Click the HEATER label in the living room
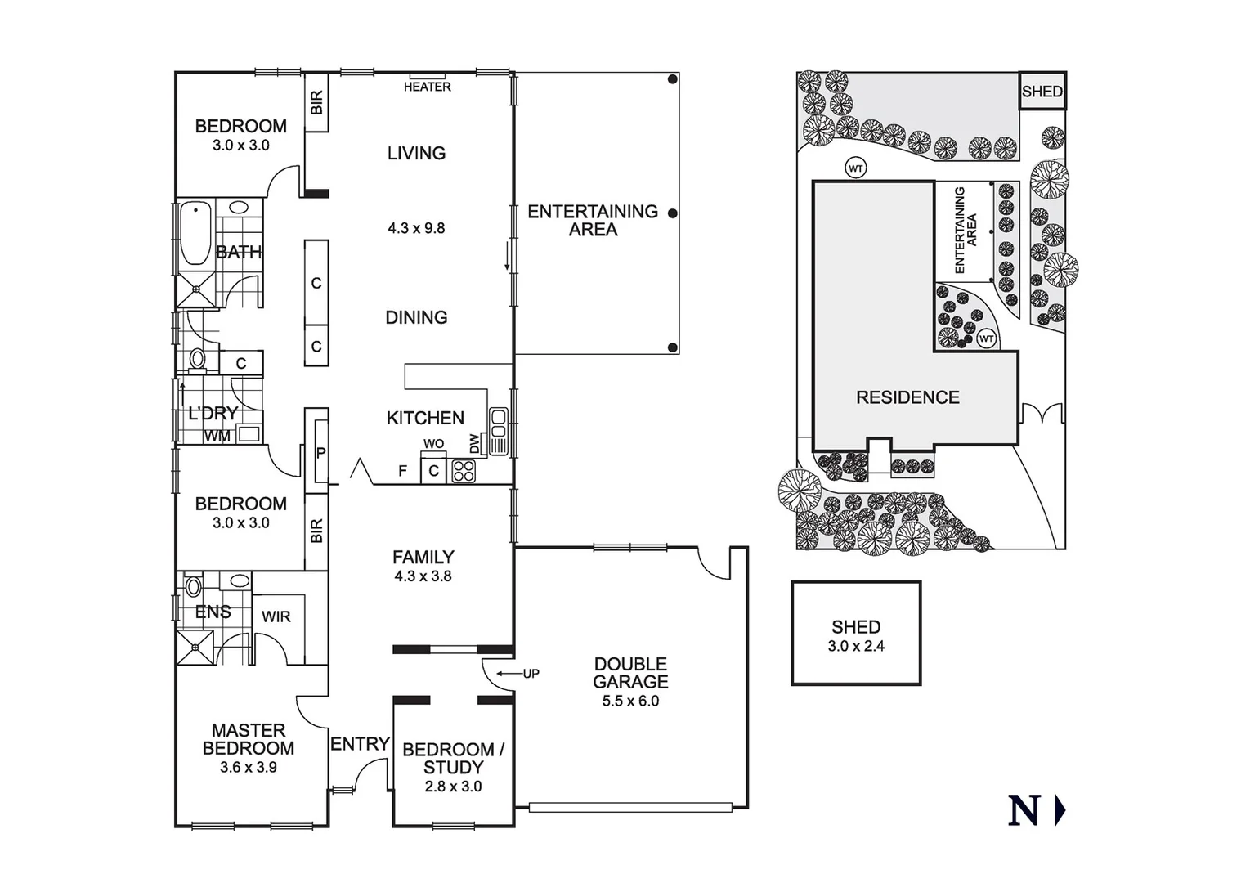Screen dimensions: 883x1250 point(427,87)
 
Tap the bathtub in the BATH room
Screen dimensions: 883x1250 point(195,234)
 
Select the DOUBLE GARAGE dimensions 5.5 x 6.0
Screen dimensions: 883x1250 point(630,701)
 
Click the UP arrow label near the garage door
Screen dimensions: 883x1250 point(531,674)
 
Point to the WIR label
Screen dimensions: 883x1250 point(276,616)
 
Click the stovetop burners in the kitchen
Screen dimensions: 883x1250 point(464,471)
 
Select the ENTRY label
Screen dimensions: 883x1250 point(359,744)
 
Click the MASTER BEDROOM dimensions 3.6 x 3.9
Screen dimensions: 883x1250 point(248,767)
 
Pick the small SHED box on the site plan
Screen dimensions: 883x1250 point(1042,92)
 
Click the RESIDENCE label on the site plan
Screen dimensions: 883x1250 point(907,397)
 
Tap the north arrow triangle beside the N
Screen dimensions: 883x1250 point(1060,810)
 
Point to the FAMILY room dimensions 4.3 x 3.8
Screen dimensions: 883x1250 point(423,576)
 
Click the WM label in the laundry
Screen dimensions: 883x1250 point(217,436)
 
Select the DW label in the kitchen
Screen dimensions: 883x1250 point(475,443)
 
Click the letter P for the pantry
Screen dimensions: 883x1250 point(320,453)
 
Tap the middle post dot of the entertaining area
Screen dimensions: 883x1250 point(672,213)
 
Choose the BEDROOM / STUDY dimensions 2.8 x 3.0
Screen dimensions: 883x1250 point(453,787)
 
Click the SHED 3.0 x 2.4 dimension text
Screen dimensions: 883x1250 point(856,646)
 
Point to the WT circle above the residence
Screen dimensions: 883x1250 point(856,168)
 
